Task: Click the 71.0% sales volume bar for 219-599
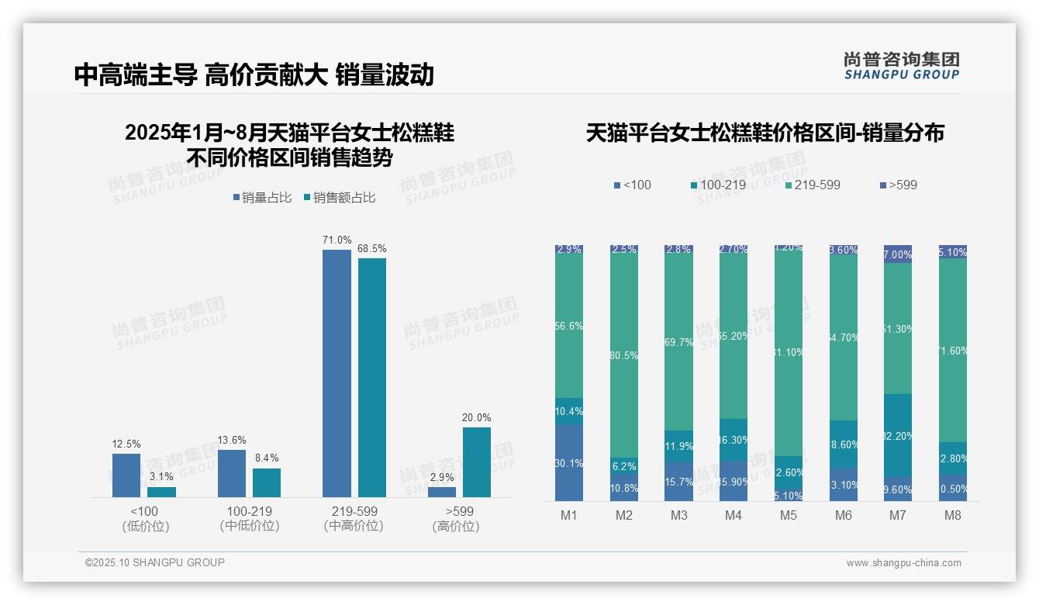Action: pyautogui.click(x=337, y=373)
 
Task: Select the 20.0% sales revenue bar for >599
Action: pyautogui.click(x=476, y=462)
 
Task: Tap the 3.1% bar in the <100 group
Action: pyautogui.click(x=161, y=492)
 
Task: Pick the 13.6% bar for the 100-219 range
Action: pyautogui.click(x=231, y=473)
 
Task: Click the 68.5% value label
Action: pyautogui.click(x=371, y=249)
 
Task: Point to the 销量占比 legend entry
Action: pyautogui.click(x=262, y=198)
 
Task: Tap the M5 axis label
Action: pyautogui.click(x=788, y=516)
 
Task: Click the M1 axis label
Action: pyautogui.click(x=568, y=516)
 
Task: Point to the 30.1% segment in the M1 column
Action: pyautogui.click(x=569, y=462)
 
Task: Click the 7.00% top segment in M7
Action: pyautogui.click(x=897, y=254)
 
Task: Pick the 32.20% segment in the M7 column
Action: pyautogui.click(x=897, y=435)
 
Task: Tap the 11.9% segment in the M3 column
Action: pyautogui.click(x=678, y=446)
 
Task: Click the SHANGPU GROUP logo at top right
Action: pyautogui.click(x=901, y=66)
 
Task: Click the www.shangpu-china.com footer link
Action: pyautogui.click(x=903, y=563)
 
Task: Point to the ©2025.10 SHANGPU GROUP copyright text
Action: pyautogui.click(x=155, y=562)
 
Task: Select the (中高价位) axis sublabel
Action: pyautogui.click(x=353, y=526)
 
